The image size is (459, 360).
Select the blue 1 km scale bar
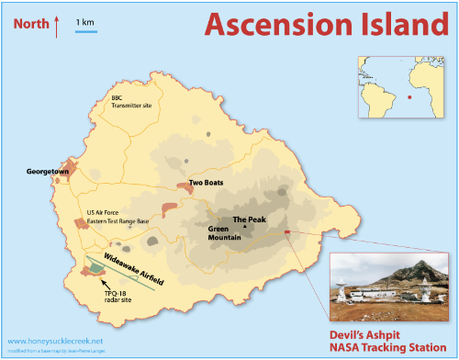[86, 33]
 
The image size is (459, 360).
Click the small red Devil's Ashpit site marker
[287, 232]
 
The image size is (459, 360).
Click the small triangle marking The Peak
[244, 227]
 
